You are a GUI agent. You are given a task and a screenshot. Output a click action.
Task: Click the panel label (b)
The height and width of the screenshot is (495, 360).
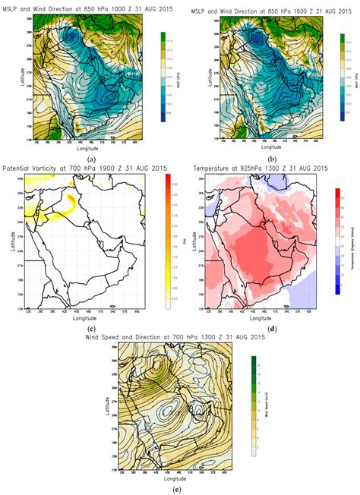point(270,160)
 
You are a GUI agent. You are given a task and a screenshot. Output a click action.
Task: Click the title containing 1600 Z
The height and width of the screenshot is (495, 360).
point(271,9)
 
